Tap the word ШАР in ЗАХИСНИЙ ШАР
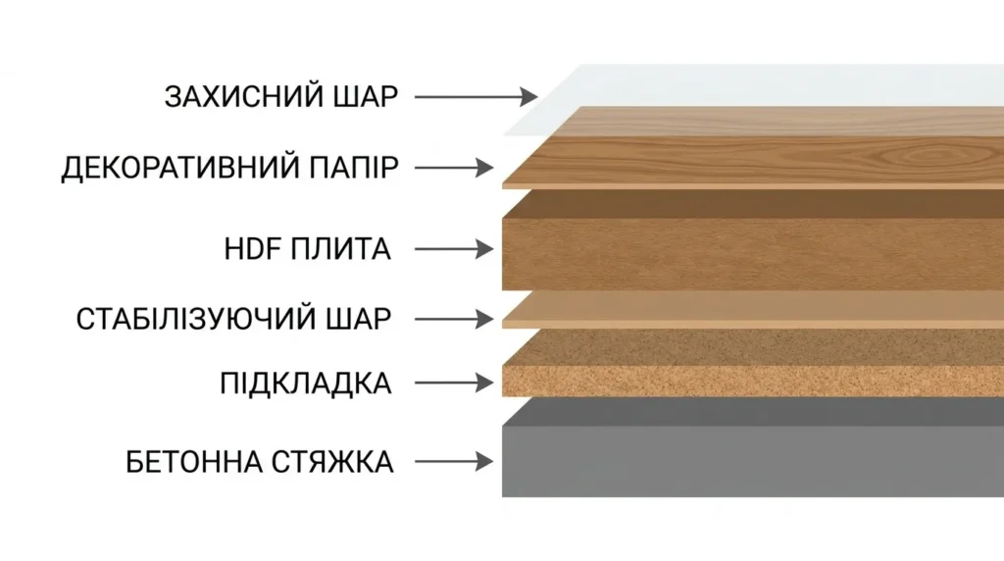(x=367, y=97)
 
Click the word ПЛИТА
(x=340, y=249)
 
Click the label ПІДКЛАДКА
(x=306, y=383)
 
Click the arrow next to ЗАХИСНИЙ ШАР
(x=477, y=97)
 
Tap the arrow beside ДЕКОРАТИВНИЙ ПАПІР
(x=454, y=168)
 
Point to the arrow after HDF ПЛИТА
(x=454, y=249)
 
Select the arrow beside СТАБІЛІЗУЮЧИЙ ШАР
(x=454, y=319)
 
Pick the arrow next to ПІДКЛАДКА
(x=454, y=382)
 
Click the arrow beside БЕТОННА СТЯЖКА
(x=454, y=461)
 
